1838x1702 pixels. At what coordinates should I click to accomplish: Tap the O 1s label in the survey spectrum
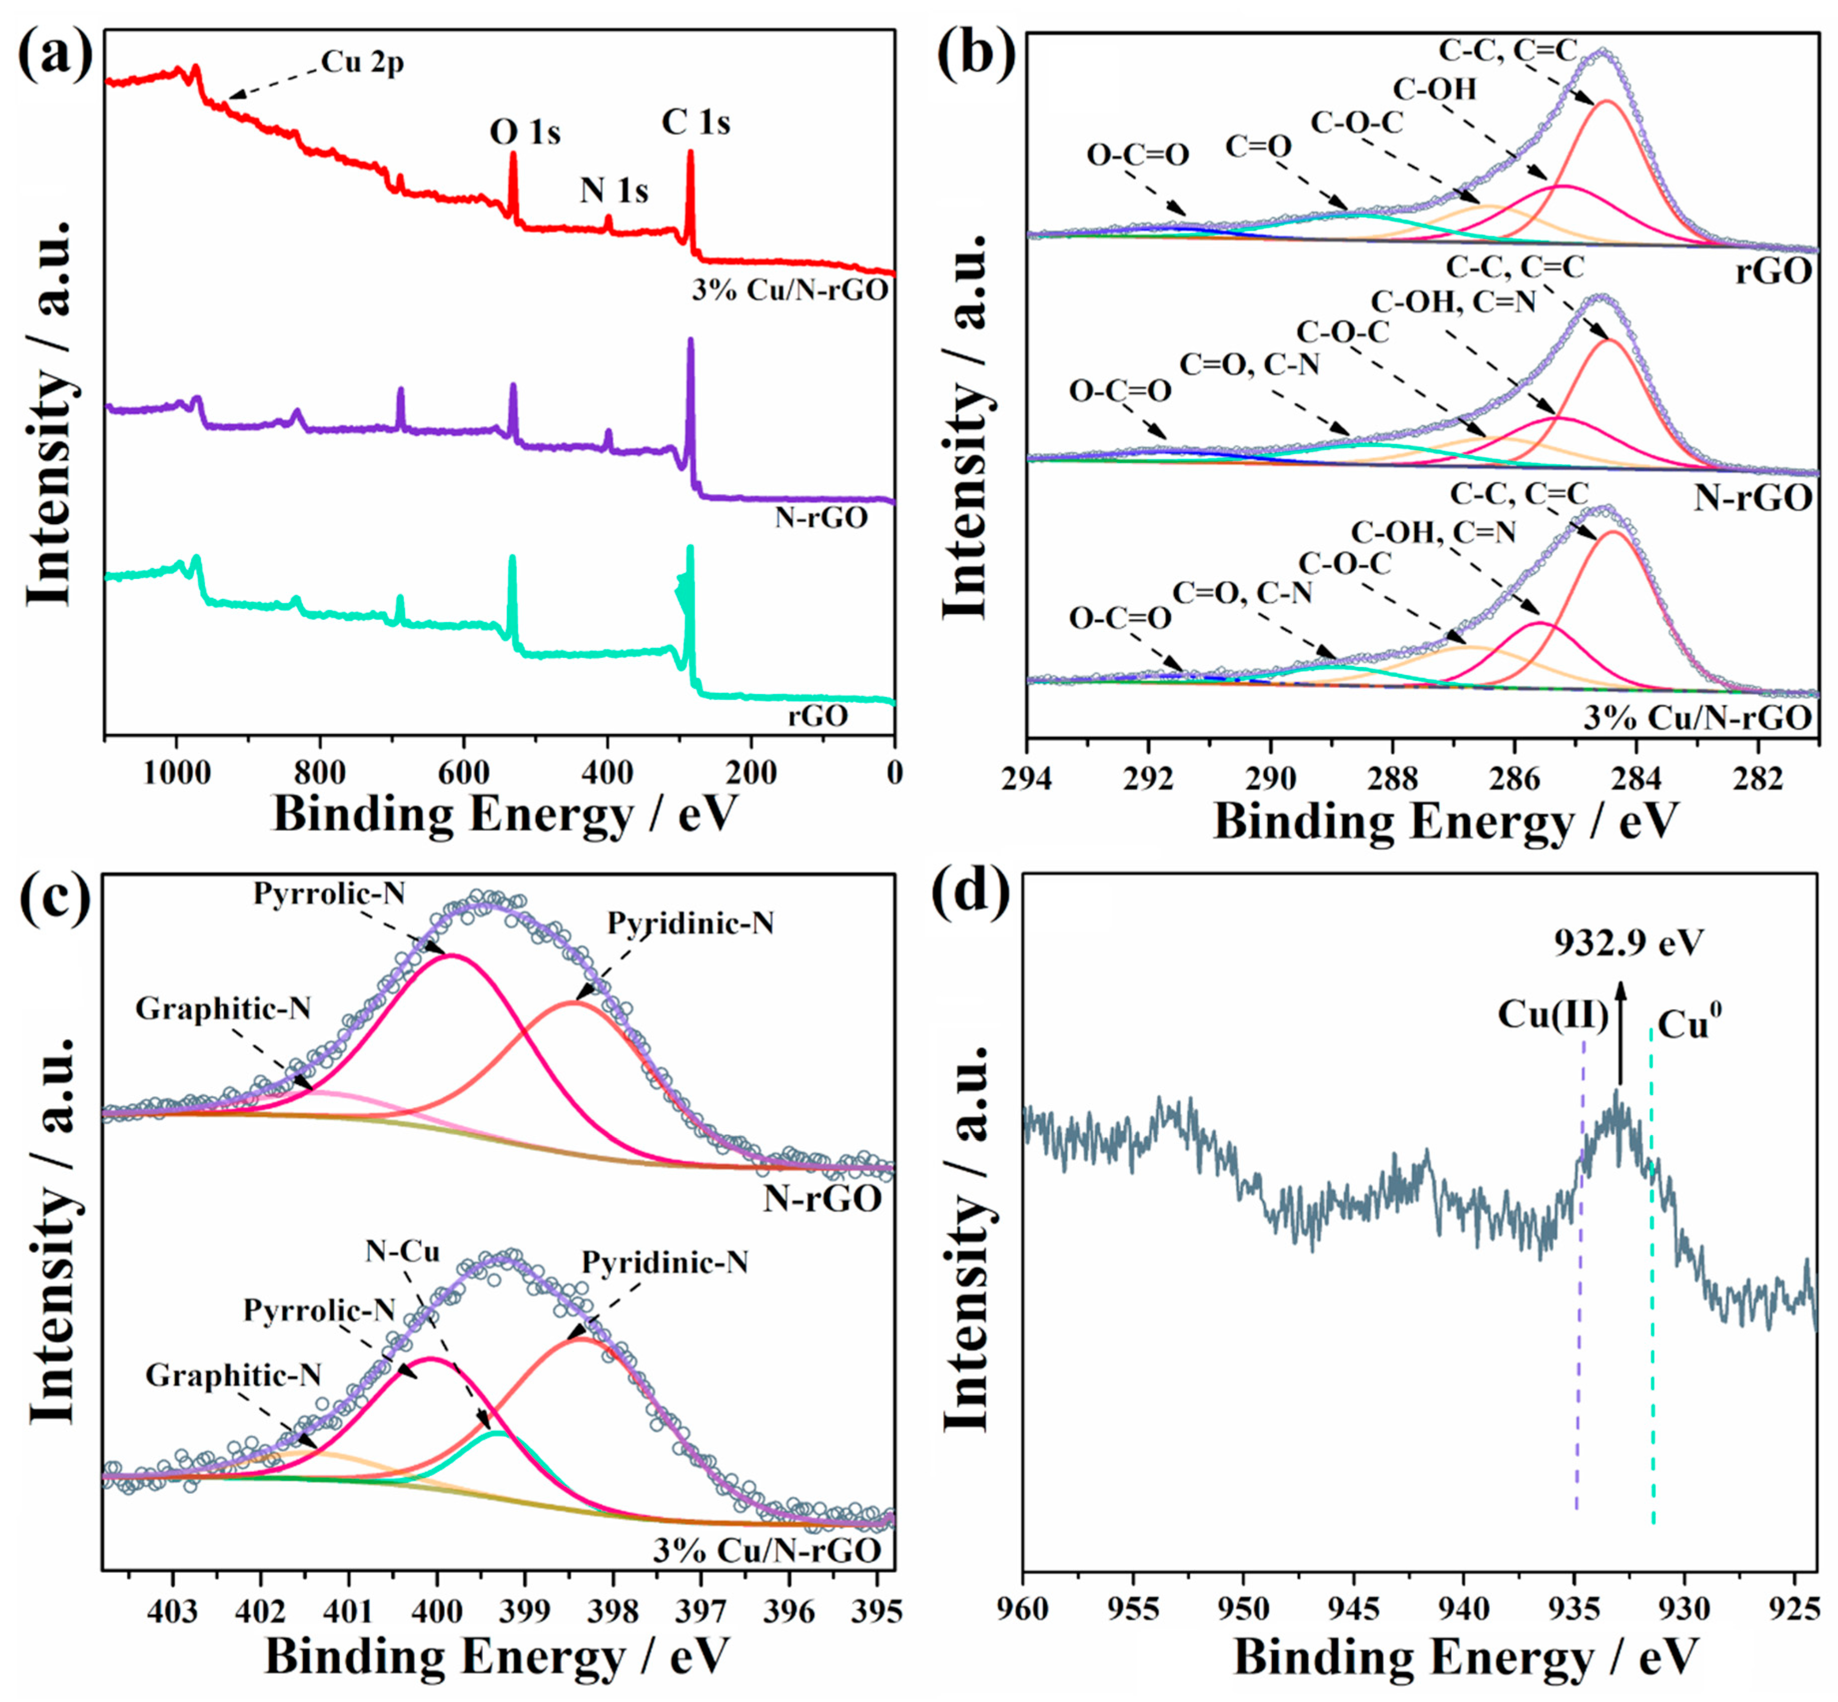525,132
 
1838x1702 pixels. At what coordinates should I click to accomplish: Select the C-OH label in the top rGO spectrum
1434,89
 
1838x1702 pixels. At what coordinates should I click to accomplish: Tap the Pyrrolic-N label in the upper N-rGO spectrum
330,892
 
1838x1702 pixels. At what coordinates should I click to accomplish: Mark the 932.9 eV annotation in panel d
1629,942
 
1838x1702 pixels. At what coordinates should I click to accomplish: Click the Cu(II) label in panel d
1552,1015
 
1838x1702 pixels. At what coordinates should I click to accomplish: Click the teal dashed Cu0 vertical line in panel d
1652,1289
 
